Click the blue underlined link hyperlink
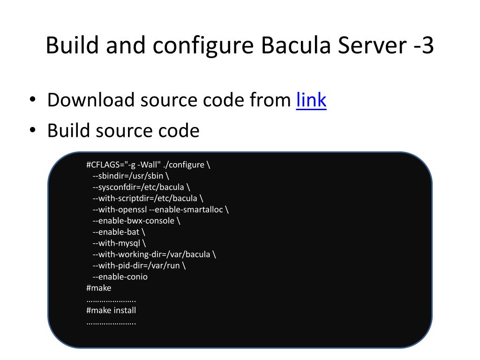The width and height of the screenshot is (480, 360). pos(311,100)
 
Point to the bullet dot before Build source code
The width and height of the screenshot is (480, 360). pos(32,130)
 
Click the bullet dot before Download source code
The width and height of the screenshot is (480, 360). pos(32,100)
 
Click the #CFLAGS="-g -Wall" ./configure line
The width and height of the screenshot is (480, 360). pos(148,165)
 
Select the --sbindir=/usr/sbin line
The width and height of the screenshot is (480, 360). pos(131,176)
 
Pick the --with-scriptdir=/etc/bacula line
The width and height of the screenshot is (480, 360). pos(148,198)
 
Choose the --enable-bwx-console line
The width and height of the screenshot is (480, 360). pos(136,221)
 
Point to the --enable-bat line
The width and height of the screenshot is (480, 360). pos(119,232)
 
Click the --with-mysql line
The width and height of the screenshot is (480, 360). pos(119,243)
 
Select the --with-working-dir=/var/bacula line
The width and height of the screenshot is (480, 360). pos(154,255)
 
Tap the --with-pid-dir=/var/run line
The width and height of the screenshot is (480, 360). pos(139,266)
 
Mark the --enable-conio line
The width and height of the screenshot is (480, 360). pos(120,277)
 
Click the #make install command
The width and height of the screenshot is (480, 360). pos(111,310)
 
